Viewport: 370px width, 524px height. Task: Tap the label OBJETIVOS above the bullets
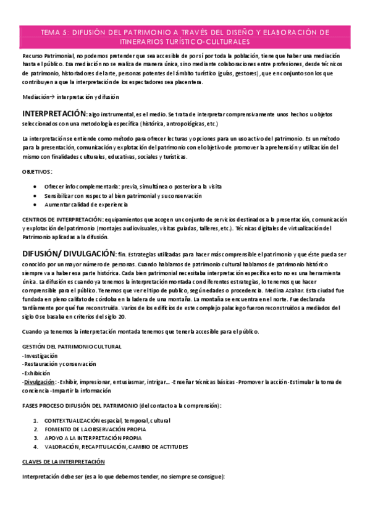(x=36, y=171)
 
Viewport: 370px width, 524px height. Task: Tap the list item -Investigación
(x=40, y=356)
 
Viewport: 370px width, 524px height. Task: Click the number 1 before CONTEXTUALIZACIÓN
(x=35, y=420)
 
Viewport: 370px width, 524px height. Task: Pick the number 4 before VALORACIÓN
(x=35, y=446)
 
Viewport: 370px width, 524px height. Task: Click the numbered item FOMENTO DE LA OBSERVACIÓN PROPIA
(x=96, y=429)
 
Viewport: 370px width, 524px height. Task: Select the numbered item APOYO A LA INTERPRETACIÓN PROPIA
(x=93, y=437)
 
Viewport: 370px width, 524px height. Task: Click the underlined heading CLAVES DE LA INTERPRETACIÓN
(x=63, y=462)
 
